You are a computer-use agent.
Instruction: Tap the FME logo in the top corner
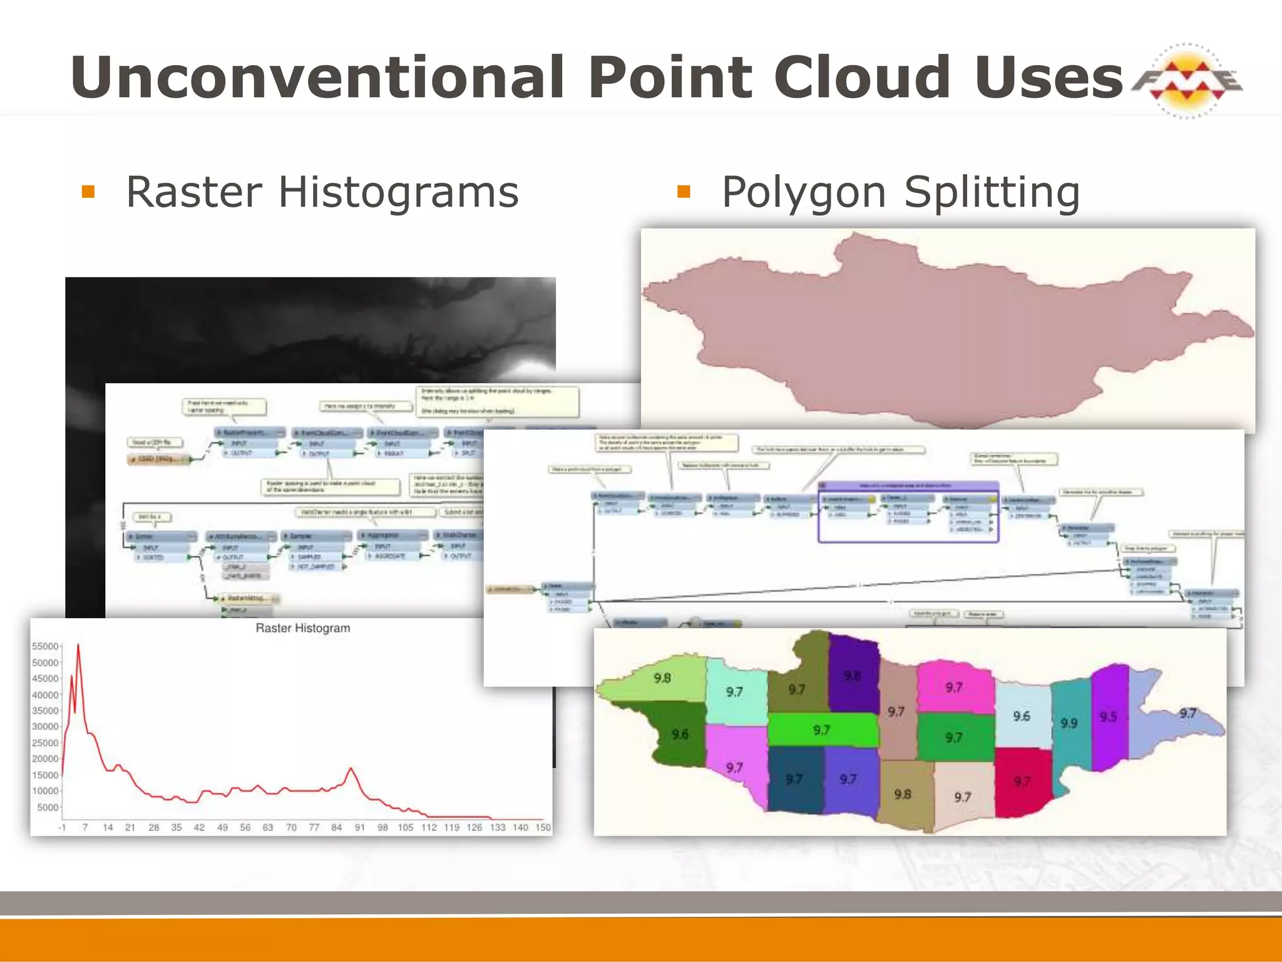click(1187, 81)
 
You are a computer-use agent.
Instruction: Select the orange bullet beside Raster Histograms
click(88, 192)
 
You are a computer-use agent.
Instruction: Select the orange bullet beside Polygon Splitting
click(684, 192)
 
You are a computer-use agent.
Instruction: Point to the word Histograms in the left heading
click(398, 192)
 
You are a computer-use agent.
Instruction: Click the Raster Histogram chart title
click(303, 628)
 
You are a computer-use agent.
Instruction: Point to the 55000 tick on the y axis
click(45, 646)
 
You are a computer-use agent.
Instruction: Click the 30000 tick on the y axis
click(45, 727)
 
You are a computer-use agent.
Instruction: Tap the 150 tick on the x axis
click(543, 827)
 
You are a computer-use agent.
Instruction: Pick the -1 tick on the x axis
click(62, 827)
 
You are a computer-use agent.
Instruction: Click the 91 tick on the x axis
click(360, 827)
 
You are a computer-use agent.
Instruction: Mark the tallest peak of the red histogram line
click(78, 644)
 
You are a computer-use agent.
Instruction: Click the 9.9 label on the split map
click(1069, 723)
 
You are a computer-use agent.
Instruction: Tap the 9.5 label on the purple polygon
click(1108, 716)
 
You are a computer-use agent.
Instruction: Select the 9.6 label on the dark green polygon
click(680, 734)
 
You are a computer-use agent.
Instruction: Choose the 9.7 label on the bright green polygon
click(821, 730)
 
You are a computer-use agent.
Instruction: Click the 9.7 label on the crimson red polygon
click(1022, 782)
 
